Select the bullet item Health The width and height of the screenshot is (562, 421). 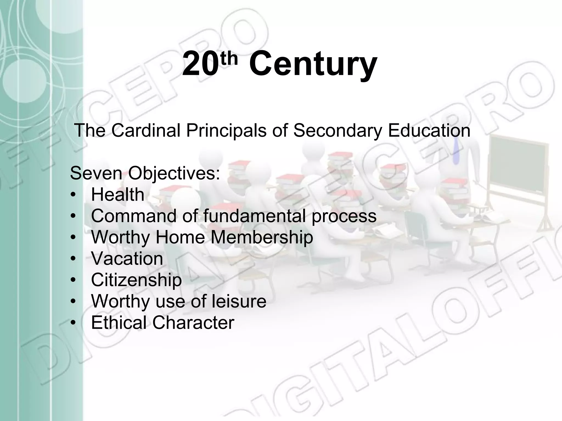tap(117, 195)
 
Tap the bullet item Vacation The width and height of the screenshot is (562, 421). tap(127, 258)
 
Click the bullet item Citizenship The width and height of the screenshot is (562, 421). tap(136, 280)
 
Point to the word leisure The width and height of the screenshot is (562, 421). tap(239, 301)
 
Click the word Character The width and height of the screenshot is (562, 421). tap(193, 323)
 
